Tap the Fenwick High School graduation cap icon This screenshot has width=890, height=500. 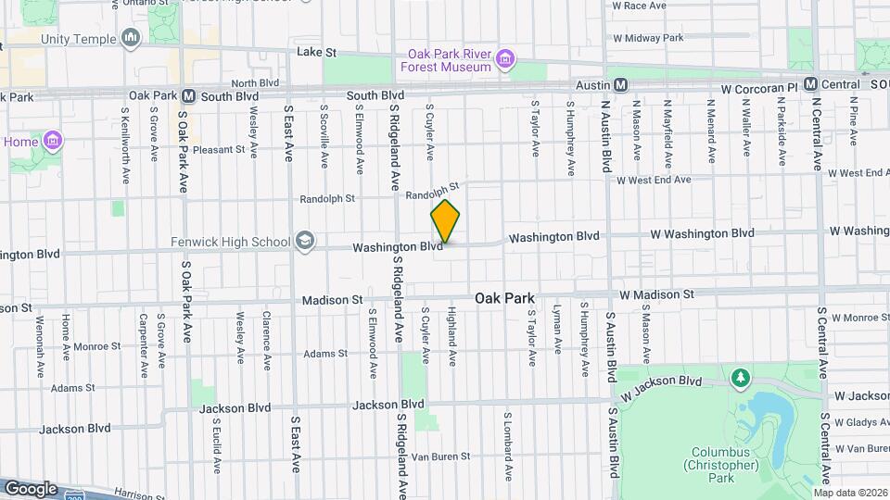(x=303, y=242)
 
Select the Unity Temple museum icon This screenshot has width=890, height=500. (x=131, y=39)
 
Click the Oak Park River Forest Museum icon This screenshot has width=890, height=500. (x=505, y=60)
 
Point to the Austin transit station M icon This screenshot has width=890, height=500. (x=621, y=84)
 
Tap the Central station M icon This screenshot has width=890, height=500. (x=809, y=84)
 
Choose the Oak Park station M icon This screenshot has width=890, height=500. (x=188, y=95)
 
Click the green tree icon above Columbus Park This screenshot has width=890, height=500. (x=740, y=377)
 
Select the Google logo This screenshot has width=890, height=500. (x=31, y=488)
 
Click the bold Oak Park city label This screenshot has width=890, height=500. (x=504, y=298)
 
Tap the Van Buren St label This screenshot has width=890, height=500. (x=440, y=456)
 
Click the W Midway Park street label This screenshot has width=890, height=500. (x=647, y=38)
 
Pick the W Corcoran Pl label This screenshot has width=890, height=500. (x=759, y=86)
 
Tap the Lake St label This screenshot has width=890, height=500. (x=315, y=53)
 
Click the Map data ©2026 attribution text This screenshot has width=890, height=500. (x=850, y=492)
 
